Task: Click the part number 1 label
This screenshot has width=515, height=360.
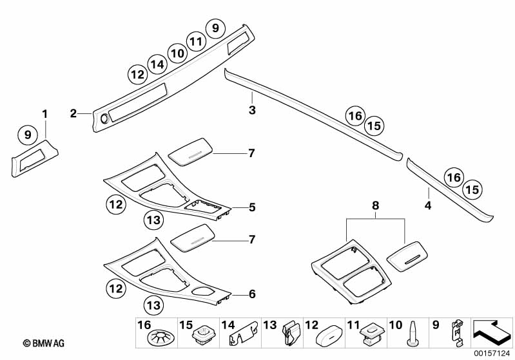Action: tap(45, 114)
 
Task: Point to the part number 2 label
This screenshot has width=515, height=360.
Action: tap(73, 114)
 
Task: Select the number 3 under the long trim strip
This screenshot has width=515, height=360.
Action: tap(253, 111)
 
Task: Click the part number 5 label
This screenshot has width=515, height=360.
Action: tap(252, 207)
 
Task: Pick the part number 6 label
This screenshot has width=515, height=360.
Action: tap(252, 294)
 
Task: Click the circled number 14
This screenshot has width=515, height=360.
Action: tap(156, 64)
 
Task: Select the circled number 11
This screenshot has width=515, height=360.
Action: tap(196, 41)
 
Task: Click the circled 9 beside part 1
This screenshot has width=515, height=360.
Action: tap(27, 135)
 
